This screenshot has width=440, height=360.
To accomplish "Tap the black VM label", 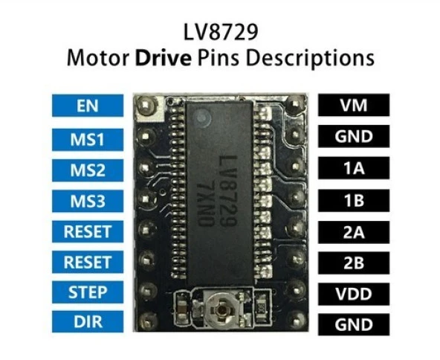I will pos(353,106).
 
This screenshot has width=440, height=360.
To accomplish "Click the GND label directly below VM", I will pos(353,137).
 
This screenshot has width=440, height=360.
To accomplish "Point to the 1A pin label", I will pos(353,169).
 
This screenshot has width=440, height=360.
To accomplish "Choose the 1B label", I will pos(353,200).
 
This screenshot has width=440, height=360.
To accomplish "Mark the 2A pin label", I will pos(353,231).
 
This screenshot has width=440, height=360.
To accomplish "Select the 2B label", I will pos(353,263).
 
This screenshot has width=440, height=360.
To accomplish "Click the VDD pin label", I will pos(353,293).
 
